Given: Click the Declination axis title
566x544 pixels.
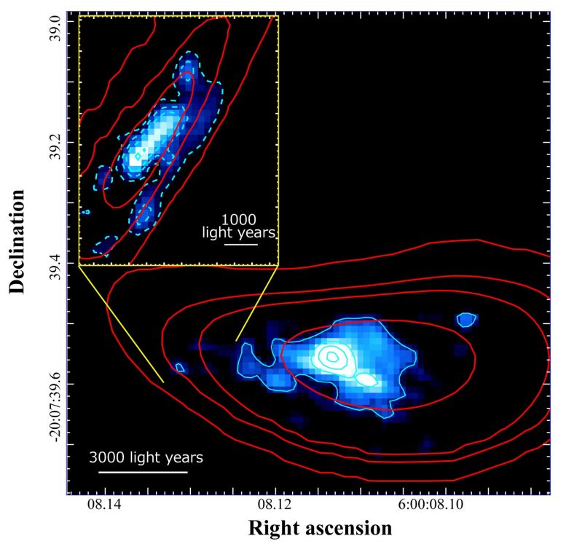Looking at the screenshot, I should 17,242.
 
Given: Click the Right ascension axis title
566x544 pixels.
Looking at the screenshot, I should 320,528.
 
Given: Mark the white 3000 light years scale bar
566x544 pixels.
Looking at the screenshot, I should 143,472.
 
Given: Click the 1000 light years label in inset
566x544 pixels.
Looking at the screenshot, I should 239,226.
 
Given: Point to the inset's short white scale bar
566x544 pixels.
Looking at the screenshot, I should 241,245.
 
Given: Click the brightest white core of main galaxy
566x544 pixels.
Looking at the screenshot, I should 331,356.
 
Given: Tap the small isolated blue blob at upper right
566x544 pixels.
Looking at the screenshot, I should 465,319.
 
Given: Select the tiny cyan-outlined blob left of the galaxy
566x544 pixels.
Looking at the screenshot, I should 181,368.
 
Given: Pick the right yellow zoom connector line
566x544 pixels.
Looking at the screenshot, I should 257,302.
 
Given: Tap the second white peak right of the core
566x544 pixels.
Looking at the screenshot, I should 366,379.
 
